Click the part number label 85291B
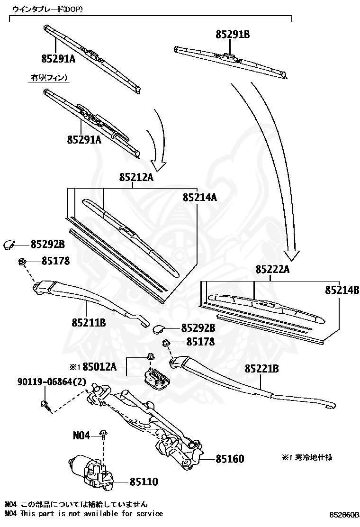[x=233, y=34]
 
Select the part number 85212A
[x=136, y=177]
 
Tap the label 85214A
[x=199, y=197]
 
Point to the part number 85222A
[x=272, y=269]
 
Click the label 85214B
[x=342, y=290]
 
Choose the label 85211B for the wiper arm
[x=89, y=323]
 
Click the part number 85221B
[x=261, y=368]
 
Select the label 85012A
[x=102, y=366]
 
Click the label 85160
[x=230, y=459]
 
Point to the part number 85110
[x=144, y=482]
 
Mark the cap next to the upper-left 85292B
[x=9, y=245]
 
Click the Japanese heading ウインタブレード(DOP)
[x=47, y=9]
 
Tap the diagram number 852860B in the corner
[x=344, y=515]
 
